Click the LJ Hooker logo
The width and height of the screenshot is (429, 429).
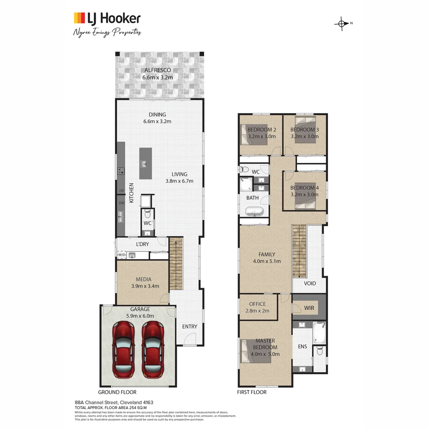tap(107, 18)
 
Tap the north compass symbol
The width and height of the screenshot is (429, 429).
tap(342, 23)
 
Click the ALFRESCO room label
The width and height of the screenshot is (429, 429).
tap(158, 70)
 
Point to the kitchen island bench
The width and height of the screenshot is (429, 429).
tap(145, 163)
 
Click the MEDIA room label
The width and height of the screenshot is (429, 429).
tap(143, 279)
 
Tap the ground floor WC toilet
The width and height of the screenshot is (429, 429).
tap(147, 214)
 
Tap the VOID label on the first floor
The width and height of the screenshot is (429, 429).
tap(310, 283)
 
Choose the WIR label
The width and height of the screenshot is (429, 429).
tap(309, 307)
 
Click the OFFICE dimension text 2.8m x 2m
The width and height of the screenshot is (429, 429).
tap(257, 311)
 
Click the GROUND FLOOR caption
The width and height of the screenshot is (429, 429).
tap(117, 392)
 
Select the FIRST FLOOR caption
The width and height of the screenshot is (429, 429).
tap(252, 392)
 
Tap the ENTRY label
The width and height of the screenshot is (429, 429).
tap(189, 327)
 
